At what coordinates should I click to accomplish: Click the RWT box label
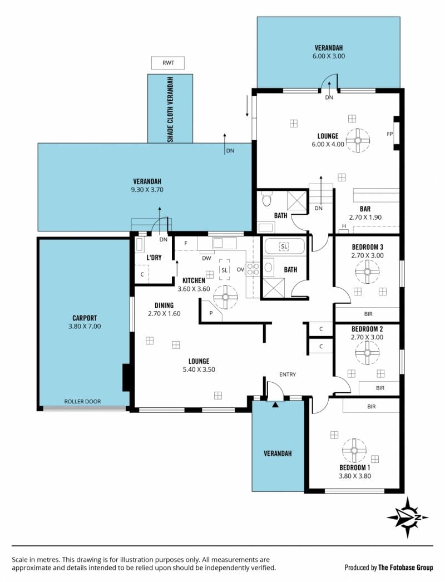168,63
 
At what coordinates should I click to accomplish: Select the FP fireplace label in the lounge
390,134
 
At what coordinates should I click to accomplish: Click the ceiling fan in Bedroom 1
354,450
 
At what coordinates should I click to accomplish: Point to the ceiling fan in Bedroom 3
367,272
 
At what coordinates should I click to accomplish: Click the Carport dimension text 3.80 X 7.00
85,326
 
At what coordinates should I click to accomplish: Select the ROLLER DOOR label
82,401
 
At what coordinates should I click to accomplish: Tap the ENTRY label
288,374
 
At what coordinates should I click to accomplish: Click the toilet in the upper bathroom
266,199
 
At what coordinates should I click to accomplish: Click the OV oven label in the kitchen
240,269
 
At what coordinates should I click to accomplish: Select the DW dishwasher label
206,258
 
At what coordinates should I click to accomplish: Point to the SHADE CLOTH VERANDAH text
170,110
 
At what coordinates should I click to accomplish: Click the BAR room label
365,209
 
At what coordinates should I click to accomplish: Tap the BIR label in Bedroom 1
371,406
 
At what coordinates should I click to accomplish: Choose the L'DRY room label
154,257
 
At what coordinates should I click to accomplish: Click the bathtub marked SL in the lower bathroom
284,246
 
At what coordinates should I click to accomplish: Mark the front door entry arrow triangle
275,405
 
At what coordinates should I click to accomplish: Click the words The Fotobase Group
406,568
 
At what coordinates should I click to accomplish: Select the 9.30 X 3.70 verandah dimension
147,190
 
